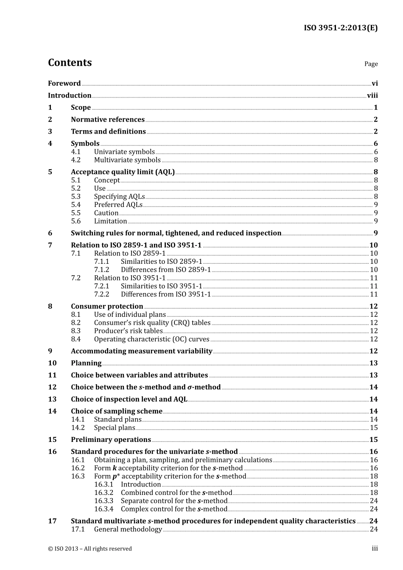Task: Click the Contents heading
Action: [70, 63]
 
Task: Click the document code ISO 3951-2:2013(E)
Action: [340, 28]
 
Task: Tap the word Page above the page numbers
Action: [371, 64]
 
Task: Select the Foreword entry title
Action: [64, 84]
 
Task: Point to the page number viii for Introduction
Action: [372, 96]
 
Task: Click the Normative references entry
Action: [108, 120]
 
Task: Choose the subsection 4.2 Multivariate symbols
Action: [127, 160]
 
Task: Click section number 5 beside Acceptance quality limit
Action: [50, 172]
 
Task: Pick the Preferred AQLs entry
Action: [118, 205]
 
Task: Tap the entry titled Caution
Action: [106, 213]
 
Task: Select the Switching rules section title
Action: [176, 233]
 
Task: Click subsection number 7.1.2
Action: [101, 270]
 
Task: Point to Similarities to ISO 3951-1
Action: [161, 286]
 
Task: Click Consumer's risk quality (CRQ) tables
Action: [152, 323]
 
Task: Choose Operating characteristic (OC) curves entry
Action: [151, 339]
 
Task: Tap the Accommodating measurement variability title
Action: [141, 351]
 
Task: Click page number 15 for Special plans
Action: [373, 428]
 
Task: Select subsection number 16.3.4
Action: [104, 509]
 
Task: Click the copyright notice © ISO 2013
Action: [90, 549]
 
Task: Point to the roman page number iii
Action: [375, 549]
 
